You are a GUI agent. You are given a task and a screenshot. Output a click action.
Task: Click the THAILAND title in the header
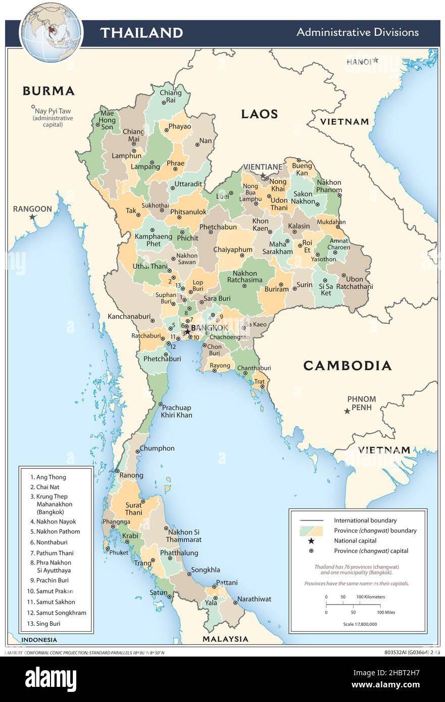[141, 33]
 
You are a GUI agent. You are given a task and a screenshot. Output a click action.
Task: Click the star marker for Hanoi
[376, 60]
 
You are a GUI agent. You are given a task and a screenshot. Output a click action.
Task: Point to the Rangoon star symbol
[33, 217]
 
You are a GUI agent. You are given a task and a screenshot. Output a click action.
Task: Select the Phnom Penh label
[361, 403]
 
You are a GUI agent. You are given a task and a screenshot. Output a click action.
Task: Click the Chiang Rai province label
[170, 96]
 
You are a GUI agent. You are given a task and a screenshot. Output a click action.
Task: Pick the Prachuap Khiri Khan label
[176, 411]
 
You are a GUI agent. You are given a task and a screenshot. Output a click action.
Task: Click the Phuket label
[119, 553]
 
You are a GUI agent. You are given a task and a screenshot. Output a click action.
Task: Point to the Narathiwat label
[254, 599]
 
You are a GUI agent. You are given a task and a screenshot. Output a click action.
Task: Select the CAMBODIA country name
[347, 366]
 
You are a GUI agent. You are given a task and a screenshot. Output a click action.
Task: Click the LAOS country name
[259, 114]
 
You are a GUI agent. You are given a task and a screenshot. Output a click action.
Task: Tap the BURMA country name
[48, 91]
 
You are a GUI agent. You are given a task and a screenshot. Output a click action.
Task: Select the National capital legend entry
[355, 541]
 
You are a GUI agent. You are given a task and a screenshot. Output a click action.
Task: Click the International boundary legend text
[365, 520]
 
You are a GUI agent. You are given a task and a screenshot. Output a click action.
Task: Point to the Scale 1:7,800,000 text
[359, 624]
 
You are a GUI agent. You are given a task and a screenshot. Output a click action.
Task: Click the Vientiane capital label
[262, 167]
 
